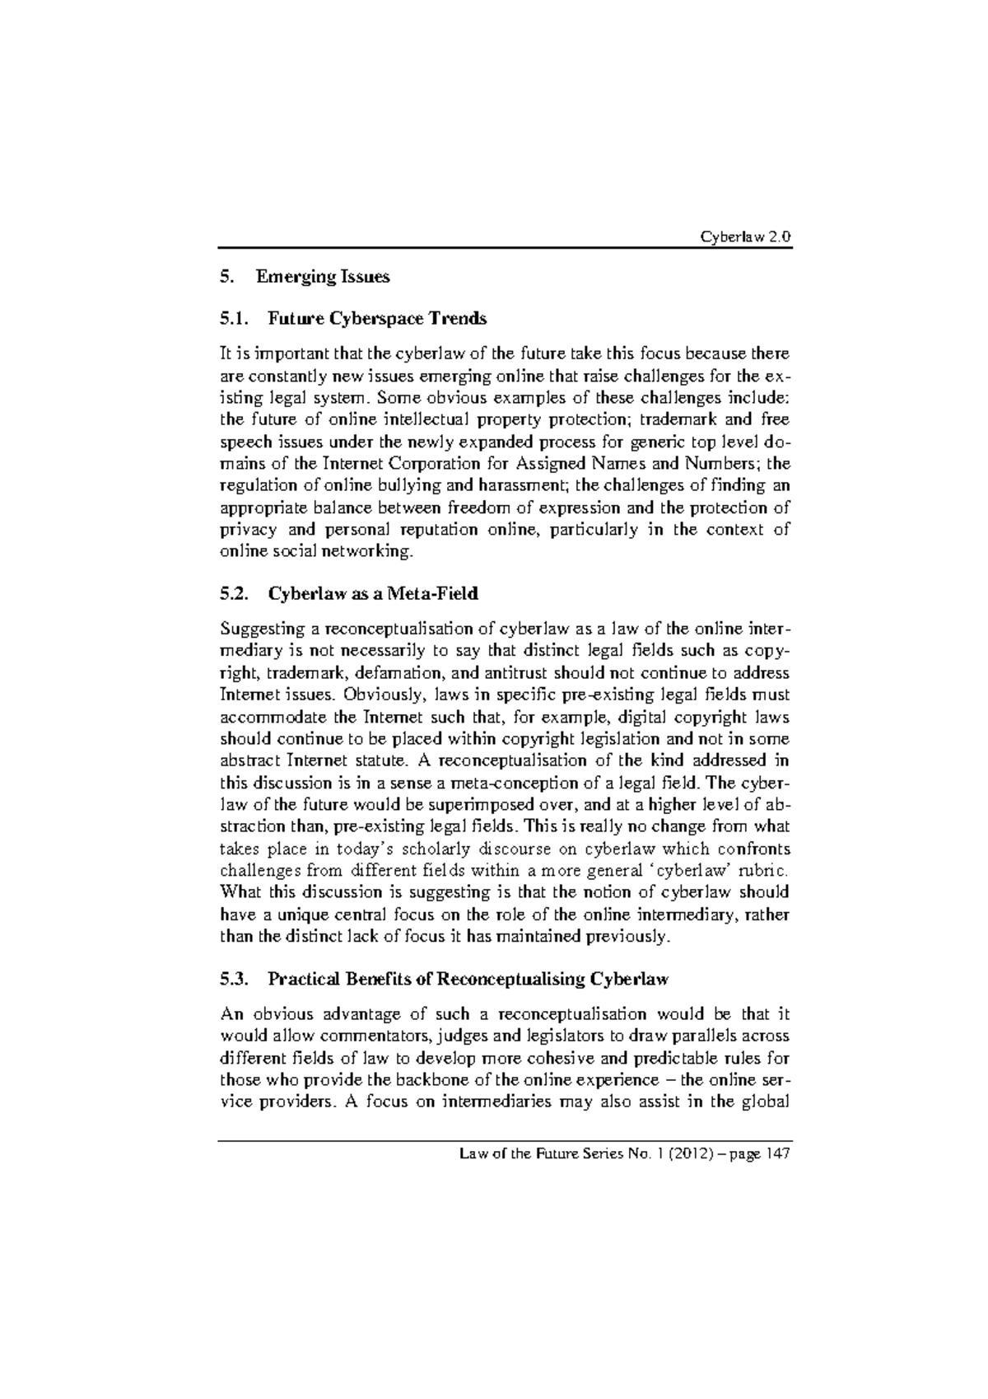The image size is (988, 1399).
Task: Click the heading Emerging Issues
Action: coord(323,277)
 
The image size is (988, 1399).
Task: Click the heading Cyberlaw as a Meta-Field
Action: coord(373,593)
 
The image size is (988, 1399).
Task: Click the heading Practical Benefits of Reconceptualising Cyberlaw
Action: coord(468,980)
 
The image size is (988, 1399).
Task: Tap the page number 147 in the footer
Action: coord(777,1154)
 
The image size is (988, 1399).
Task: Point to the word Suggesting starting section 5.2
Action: coord(260,630)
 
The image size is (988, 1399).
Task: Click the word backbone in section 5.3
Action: coord(440,1080)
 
